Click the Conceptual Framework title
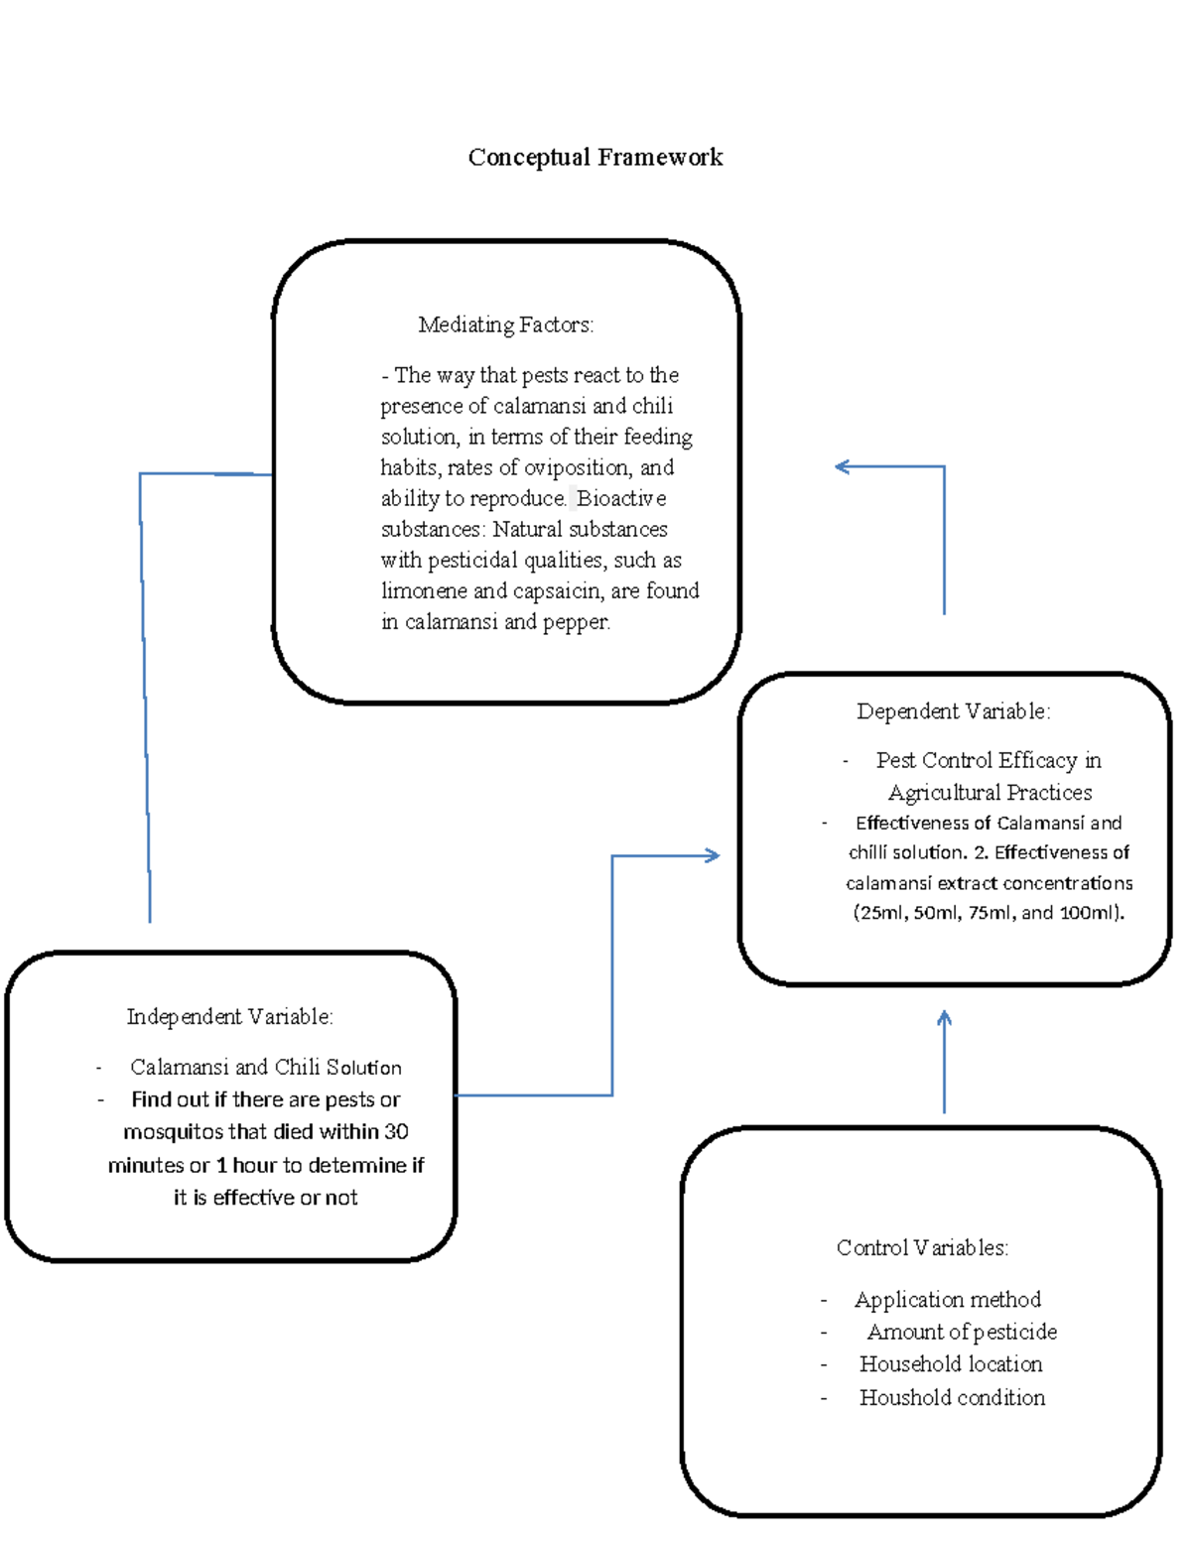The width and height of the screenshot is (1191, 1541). point(595,157)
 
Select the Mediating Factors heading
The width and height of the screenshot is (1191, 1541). point(505,324)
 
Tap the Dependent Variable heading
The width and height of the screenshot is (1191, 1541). point(953,711)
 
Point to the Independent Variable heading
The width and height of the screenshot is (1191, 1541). point(229,1016)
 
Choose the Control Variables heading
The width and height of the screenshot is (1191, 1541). point(922,1247)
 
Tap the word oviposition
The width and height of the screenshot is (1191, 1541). point(577,467)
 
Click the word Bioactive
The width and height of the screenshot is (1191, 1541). point(621,498)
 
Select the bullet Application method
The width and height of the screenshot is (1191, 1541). point(947,1299)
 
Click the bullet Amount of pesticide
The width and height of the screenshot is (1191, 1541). point(961,1332)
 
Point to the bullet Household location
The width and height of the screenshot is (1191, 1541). point(950,1364)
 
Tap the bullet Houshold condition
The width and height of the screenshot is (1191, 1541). point(952,1397)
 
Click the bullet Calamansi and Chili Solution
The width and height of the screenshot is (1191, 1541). point(265,1067)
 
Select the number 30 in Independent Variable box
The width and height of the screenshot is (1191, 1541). point(396,1131)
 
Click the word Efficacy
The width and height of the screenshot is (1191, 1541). point(1038,760)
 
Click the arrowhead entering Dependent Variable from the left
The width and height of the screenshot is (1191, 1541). point(713,855)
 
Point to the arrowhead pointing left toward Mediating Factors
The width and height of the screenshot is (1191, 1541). point(842,466)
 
